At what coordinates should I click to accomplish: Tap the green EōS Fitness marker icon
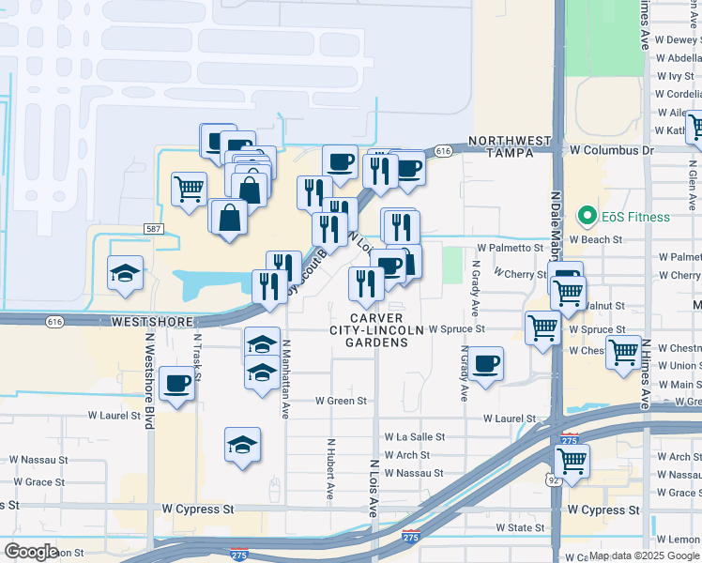pyautogui.click(x=589, y=217)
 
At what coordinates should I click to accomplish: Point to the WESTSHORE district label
pyautogui.click(x=145, y=321)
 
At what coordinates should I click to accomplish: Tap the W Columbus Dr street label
pyautogui.click(x=611, y=150)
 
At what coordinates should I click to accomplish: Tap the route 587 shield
pyautogui.click(x=155, y=229)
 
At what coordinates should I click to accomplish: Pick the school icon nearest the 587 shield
pyautogui.click(x=126, y=273)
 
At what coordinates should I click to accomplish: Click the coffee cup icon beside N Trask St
pyautogui.click(x=176, y=383)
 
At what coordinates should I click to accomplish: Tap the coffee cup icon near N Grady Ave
pyautogui.click(x=485, y=364)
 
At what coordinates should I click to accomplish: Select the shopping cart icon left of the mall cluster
pyautogui.click(x=189, y=189)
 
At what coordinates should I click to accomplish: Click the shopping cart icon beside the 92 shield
pyautogui.click(x=571, y=461)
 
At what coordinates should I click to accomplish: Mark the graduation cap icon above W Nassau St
pyautogui.click(x=243, y=444)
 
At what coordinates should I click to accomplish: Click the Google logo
pyautogui.click(x=32, y=552)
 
